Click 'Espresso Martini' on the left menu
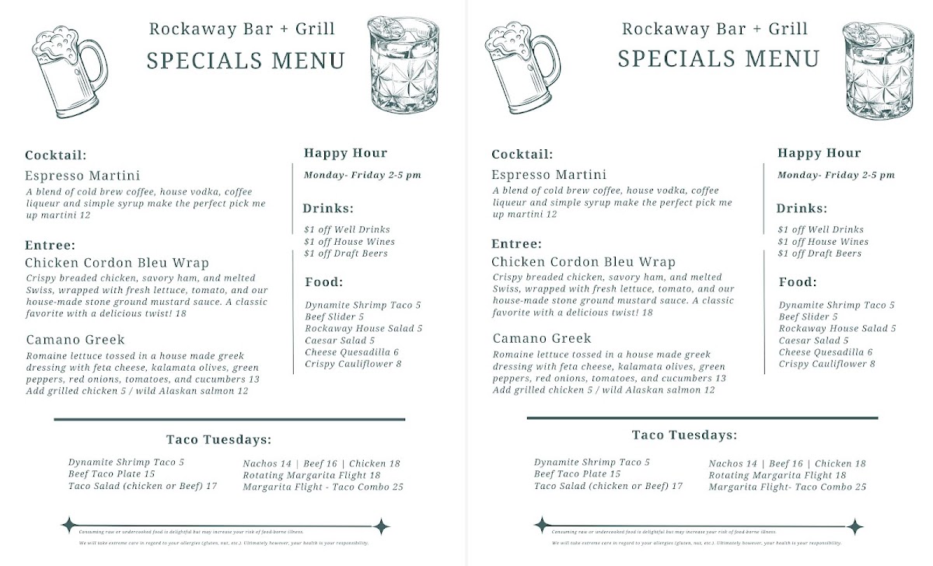point(82,176)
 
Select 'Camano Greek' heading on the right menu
point(541,339)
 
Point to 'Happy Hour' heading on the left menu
point(345,153)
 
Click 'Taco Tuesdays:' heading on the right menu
point(684,435)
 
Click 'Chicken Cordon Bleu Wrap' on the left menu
point(117,263)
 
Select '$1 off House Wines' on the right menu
point(823,242)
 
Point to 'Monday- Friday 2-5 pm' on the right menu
point(836,175)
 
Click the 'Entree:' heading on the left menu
point(50,245)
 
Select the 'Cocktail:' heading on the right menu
point(522,155)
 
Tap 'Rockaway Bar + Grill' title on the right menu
point(715,30)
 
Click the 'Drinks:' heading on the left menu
point(328,208)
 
